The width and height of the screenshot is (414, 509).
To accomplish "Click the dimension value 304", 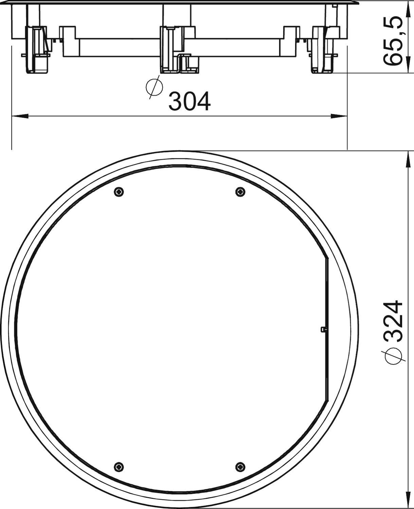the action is click(190, 101).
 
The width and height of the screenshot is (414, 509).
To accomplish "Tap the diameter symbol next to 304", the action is click(154, 87).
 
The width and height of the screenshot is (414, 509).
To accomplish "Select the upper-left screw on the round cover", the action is click(119, 192).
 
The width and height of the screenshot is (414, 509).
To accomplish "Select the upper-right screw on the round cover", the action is click(240, 192).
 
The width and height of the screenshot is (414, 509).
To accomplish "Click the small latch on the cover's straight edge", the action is click(323, 329).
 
